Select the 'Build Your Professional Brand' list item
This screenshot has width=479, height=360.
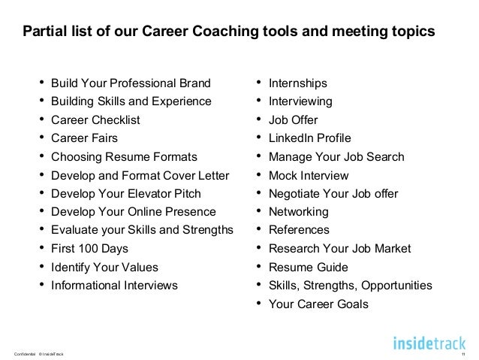click(131, 83)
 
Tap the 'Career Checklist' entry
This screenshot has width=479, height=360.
click(95, 120)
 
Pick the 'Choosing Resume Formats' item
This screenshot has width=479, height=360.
click(124, 157)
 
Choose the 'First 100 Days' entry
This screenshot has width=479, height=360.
click(90, 248)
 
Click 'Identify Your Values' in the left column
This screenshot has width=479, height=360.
click(104, 267)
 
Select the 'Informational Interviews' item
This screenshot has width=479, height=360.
click(114, 286)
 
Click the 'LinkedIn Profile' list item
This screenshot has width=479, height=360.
click(309, 138)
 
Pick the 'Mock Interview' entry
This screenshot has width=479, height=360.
click(309, 176)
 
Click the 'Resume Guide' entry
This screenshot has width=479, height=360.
click(309, 267)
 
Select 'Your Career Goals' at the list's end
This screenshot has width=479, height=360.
click(319, 304)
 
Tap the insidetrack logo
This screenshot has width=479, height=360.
click(429, 343)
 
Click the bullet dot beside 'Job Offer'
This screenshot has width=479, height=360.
click(258, 119)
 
